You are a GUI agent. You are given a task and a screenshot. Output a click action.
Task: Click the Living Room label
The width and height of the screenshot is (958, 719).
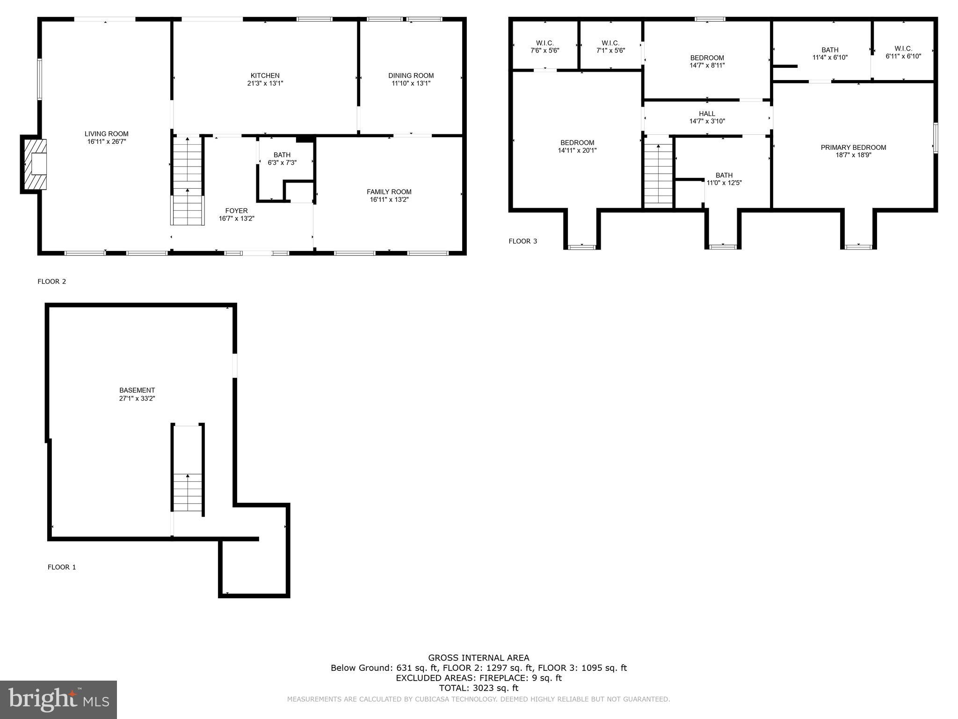coord(106,134)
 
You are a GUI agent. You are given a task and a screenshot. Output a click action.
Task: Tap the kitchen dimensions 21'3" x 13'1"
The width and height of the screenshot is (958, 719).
coord(265,83)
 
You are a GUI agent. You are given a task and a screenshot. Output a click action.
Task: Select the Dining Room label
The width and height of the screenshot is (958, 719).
coord(411,75)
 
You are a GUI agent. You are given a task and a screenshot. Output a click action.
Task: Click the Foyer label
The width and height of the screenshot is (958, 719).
coord(236,211)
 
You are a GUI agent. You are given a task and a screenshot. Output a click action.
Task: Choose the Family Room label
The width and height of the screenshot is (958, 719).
coord(389,191)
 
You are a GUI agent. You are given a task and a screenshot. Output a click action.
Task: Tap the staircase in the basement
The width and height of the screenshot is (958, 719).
coord(188,492)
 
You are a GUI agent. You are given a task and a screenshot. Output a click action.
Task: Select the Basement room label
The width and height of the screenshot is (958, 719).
coord(137,390)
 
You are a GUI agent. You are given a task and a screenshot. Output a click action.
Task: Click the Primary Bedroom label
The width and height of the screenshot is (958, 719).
coord(853,147)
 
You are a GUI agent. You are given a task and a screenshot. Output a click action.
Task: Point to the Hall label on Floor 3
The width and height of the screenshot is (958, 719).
coord(707,114)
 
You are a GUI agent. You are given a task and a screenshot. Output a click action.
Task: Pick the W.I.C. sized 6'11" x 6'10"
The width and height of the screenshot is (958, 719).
coord(903,52)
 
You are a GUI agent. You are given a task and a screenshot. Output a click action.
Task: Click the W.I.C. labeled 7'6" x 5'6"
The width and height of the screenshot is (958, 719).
coord(544,46)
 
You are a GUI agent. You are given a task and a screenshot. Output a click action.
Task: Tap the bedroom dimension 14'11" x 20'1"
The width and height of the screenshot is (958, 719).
coord(577,151)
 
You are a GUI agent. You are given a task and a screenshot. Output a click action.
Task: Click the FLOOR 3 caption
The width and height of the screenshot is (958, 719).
coord(523,241)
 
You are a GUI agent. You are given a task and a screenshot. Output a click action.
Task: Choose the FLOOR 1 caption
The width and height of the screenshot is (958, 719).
coord(61,567)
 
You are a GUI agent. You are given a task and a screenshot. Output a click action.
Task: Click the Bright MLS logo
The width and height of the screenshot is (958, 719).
coord(58,699)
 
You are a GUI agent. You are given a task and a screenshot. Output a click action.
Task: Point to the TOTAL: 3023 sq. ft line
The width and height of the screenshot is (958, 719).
coord(479,688)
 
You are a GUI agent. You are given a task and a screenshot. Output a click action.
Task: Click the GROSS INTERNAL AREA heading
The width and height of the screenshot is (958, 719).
coord(479,658)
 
